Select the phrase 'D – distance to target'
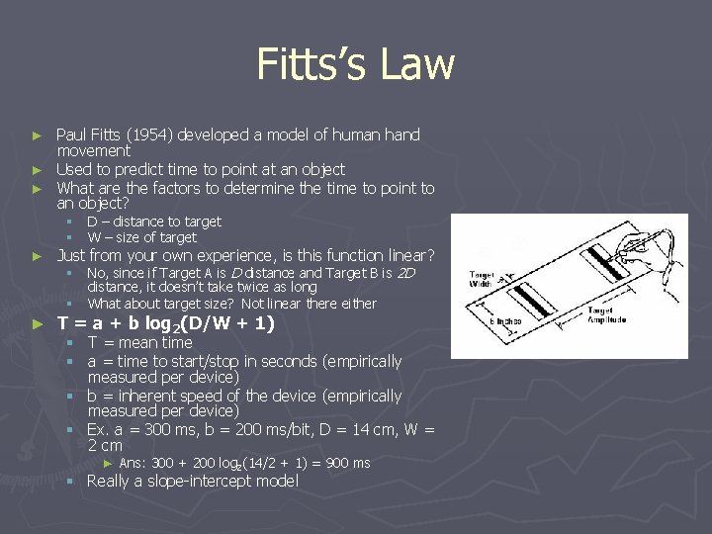point(153,222)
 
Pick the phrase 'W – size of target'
point(141,237)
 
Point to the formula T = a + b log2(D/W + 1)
point(165,323)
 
